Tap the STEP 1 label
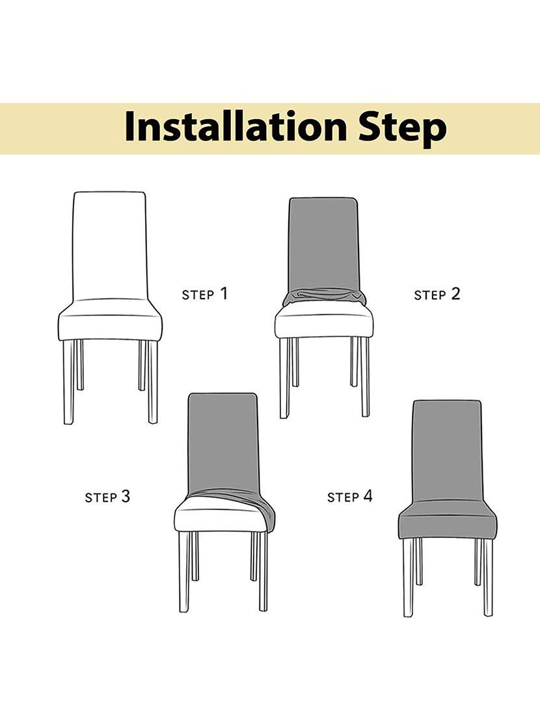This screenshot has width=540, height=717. [x=205, y=294]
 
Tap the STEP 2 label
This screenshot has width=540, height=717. [x=437, y=294]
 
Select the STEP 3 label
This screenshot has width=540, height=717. [x=107, y=497]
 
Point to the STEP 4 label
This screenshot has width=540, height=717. [x=350, y=497]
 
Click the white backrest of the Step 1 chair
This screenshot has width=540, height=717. [x=109, y=244]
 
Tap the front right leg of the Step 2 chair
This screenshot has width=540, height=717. [x=365, y=377]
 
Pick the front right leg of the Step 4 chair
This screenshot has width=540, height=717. [x=488, y=576]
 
